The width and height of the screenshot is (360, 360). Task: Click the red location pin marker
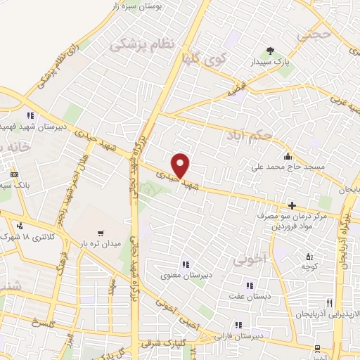[181, 165]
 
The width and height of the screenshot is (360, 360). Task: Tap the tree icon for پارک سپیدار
[271, 50]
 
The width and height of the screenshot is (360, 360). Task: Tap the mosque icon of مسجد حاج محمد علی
[288, 156]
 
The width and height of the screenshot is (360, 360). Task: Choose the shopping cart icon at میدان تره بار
[101, 233]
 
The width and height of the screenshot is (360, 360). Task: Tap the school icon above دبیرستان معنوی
[184, 264]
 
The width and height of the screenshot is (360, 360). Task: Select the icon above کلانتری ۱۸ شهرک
[19, 226]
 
